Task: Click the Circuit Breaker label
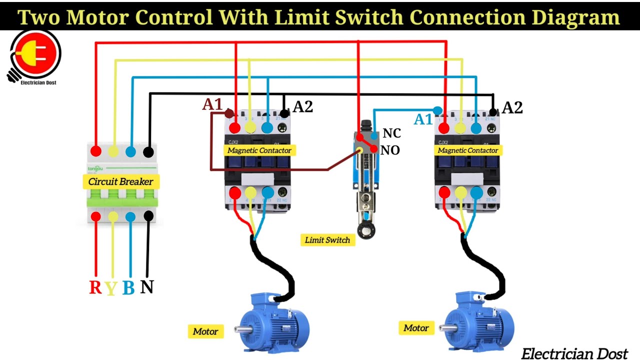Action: (120, 181)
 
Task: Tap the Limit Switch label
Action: (327, 240)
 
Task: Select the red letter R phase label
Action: (95, 287)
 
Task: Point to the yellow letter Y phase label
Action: (111, 288)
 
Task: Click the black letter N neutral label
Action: (146, 287)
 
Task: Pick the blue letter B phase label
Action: (128, 288)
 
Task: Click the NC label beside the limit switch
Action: (391, 133)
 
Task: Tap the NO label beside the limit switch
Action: (390, 150)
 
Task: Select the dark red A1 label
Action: (212, 104)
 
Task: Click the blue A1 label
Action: (423, 119)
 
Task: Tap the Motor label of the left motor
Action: (205, 331)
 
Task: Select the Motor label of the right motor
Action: (416, 328)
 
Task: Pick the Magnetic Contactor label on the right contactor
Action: (468, 150)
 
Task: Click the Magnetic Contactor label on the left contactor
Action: (259, 150)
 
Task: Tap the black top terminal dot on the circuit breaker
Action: (148, 151)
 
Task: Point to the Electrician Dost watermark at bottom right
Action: (574, 353)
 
